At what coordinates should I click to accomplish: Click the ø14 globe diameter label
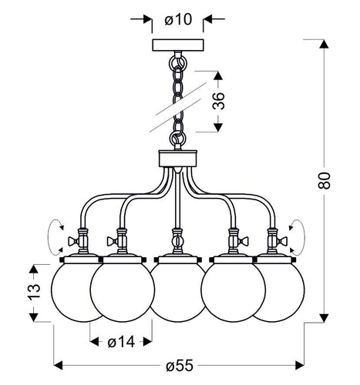click(x=121, y=340)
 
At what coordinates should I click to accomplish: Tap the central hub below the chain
click(x=179, y=159)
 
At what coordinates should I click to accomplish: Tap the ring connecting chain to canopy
click(x=179, y=57)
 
